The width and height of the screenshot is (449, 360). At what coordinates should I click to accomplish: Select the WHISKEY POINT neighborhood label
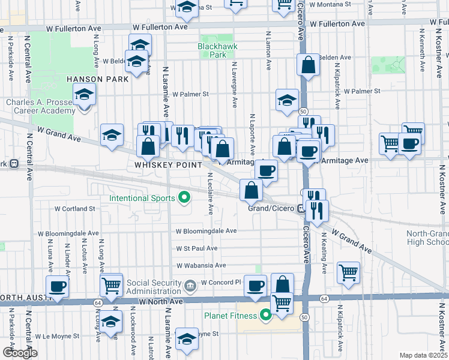164,163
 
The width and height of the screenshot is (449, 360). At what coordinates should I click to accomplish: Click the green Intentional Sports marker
185,198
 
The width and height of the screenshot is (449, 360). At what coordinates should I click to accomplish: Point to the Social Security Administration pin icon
190,284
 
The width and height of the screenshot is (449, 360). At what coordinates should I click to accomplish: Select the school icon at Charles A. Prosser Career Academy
84,95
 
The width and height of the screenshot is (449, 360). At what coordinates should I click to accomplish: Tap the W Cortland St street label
75,209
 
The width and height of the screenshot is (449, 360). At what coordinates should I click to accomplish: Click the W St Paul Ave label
196,248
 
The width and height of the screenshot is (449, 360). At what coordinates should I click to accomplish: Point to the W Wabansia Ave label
200,265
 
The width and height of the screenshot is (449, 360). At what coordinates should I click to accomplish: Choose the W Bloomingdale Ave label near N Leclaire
206,231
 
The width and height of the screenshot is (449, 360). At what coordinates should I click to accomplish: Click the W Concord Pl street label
221,282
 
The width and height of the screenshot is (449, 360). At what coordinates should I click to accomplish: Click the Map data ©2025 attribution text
424,355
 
